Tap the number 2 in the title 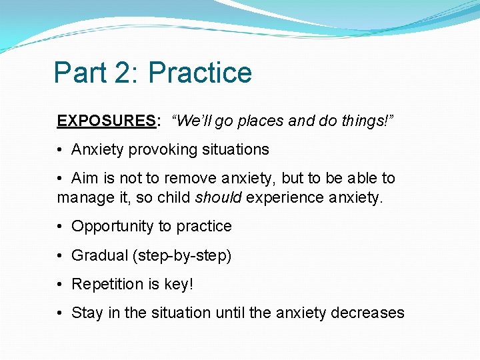point(125,73)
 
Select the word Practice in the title point(200,73)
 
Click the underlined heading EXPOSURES point(107,121)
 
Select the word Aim point(84,178)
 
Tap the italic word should point(214,197)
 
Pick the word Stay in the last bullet point(87,313)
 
